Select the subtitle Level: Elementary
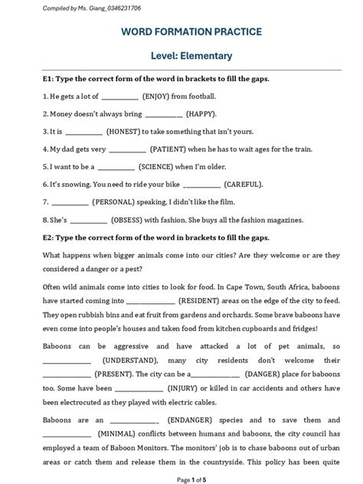(x=181, y=56)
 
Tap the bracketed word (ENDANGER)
(x=188, y=420)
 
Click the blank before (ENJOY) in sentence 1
(x=120, y=97)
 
